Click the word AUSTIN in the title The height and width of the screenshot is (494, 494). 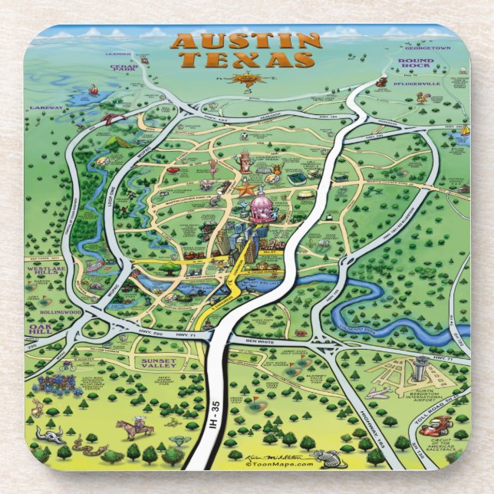tap(245, 41)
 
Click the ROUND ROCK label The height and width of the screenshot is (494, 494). tap(417, 63)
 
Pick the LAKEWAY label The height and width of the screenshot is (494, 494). tap(47, 108)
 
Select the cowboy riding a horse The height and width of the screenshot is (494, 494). tap(135, 426)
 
